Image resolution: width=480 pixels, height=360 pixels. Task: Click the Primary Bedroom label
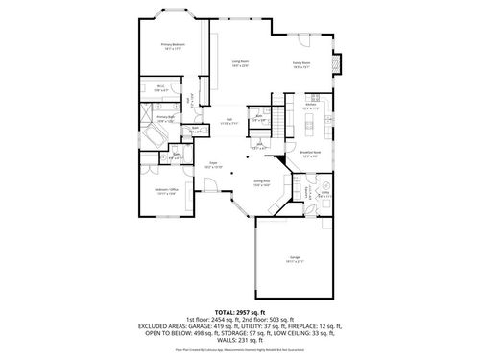pyautogui.click(x=173, y=46)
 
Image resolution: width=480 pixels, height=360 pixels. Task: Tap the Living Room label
pyautogui.click(x=239, y=64)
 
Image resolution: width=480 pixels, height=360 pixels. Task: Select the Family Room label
pyautogui.click(x=301, y=66)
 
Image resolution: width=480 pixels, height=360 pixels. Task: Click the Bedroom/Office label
pyautogui.click(x=166, y=192)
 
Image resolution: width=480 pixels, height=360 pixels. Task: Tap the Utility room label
pyautogui.click(x=324, y=193)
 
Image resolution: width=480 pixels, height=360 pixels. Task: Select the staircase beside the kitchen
pyautogui.click(x=279, y=119)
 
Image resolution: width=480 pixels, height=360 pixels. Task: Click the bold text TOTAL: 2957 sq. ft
pyautogui.click(x=239, y=313)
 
